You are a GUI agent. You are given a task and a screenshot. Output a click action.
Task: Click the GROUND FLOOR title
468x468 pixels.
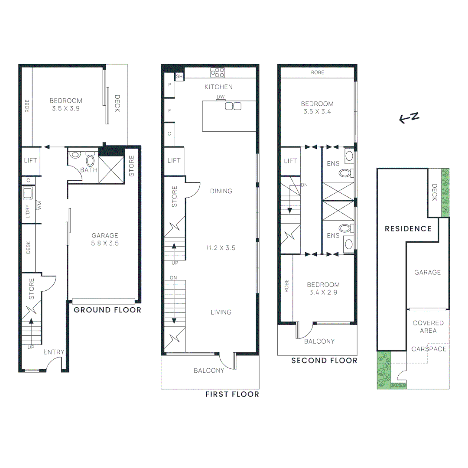(107, 310)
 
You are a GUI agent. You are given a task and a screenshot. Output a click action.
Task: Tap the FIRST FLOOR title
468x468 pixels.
(232, 394)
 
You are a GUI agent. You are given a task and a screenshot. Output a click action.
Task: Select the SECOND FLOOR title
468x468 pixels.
(324, 361)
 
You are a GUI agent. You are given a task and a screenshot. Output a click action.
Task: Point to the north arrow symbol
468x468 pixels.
(409, 117)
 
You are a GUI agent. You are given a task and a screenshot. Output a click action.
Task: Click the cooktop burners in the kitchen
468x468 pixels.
(218, 72)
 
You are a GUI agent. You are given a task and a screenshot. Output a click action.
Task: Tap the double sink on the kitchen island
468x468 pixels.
(233, 106)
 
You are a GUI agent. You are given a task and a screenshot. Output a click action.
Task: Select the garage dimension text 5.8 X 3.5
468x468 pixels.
(105, 244)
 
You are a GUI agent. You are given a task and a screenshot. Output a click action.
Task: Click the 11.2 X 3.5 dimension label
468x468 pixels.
(221, 248)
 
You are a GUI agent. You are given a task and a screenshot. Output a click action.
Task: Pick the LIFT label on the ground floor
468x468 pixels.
(31, 161)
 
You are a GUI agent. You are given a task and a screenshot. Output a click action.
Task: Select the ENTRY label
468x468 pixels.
(54, 352)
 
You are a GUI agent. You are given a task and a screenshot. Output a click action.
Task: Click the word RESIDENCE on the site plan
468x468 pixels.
(408, 229)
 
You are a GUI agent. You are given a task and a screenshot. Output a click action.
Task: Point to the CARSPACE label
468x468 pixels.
(429, 349)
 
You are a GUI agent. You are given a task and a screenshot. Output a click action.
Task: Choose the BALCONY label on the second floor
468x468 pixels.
(319, 341)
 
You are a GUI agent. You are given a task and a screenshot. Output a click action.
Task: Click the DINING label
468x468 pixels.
(221, 191)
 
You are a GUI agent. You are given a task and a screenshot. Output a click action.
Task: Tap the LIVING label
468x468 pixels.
(221, 312)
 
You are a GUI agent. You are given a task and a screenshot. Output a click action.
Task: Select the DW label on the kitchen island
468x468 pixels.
(220, 97)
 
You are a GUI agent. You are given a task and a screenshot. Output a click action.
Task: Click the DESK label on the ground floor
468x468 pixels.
(29, 247)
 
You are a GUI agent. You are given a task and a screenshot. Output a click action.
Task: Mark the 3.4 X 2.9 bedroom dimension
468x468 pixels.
(323, 292)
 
